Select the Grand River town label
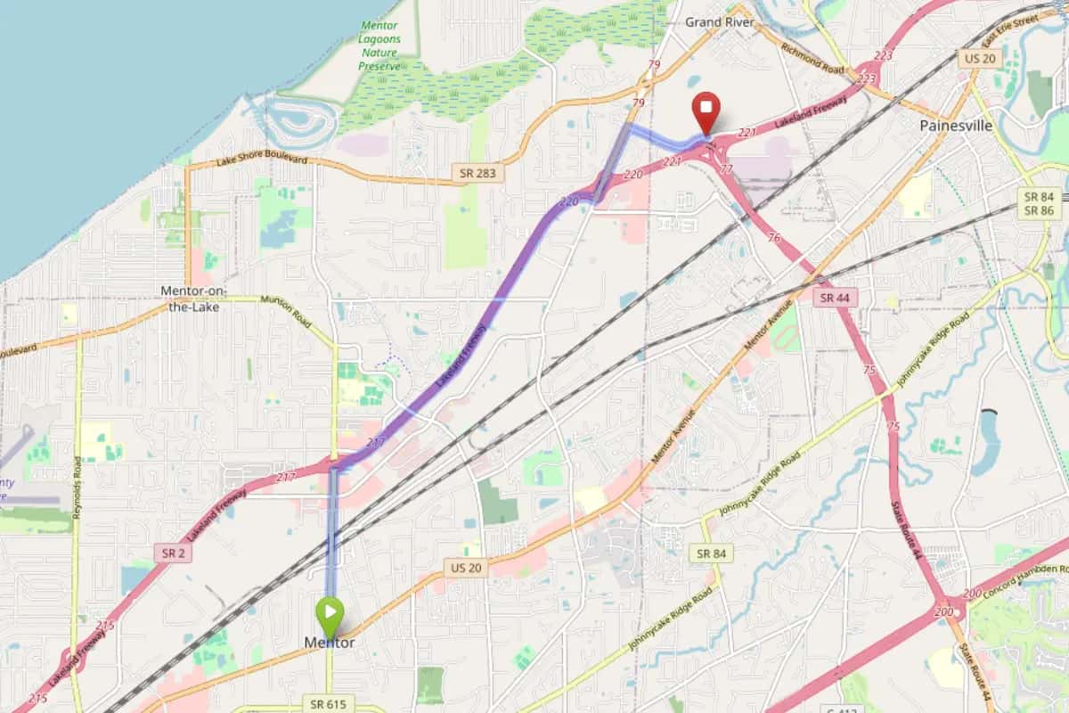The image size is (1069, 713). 720,21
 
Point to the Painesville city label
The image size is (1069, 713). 956,126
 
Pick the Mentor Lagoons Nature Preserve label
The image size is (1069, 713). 379,45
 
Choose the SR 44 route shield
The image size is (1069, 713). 835,298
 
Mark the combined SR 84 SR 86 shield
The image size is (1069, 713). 1039,203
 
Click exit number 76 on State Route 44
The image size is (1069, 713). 773,238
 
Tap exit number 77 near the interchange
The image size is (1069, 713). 726,168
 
